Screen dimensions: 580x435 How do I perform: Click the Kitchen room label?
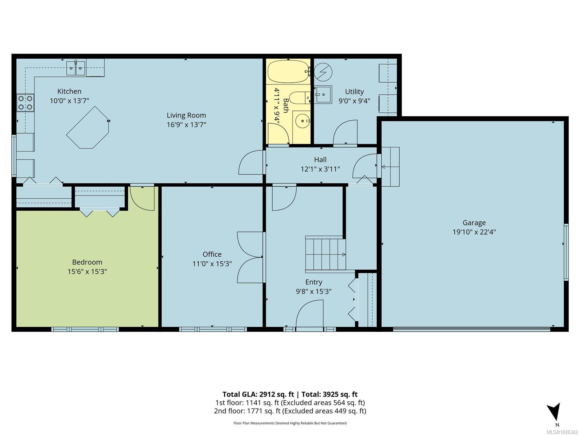(69, 91)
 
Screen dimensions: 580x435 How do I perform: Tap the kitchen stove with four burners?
(25, 103)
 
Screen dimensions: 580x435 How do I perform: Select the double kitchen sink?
(76, 68)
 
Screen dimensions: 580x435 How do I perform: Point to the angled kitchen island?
(88, 127)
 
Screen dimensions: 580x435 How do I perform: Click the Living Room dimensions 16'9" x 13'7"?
(186, 125)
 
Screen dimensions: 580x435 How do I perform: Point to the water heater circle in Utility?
(323, 71)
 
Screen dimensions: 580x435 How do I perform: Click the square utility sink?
(323, 95)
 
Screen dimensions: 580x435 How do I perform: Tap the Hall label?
(320, 159)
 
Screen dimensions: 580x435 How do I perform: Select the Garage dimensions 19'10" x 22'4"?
(474, 232)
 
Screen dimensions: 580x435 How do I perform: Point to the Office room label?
(212, 254)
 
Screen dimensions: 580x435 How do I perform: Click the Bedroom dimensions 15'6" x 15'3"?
(87, 272)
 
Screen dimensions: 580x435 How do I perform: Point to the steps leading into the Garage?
(390, 167)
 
